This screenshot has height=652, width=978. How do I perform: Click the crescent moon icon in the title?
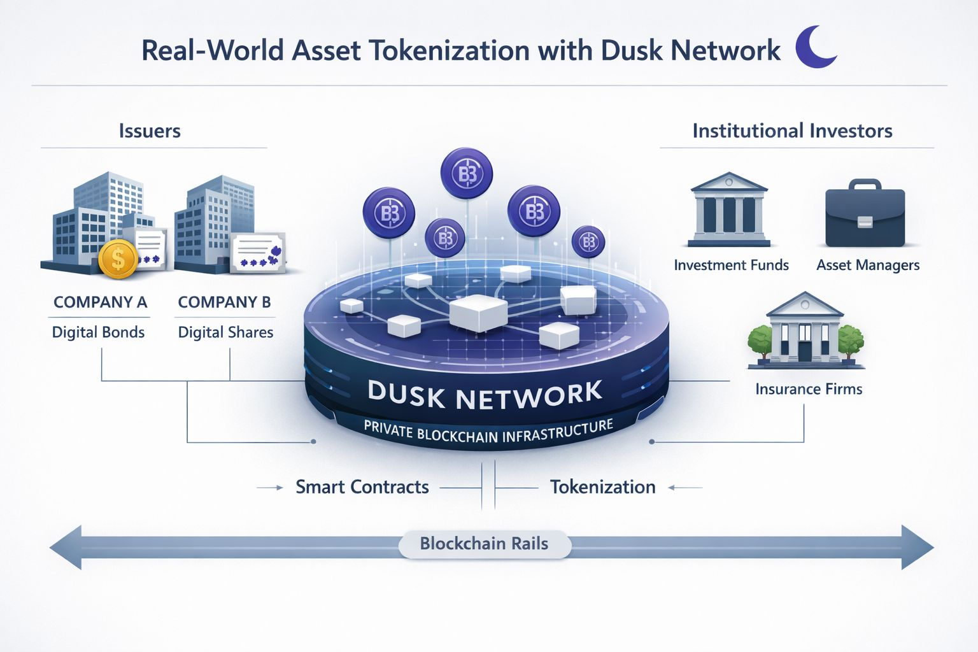click(x=814, y=47)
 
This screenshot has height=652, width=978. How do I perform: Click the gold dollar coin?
click(x=118, y=259)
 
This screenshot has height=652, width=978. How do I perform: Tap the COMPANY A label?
click(x=100, y=302)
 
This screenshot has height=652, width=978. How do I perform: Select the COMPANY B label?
click(x=224, y=302)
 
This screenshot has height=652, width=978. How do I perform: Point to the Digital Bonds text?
click(x=98, y=332)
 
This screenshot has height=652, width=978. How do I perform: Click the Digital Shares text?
click(x=225, y=332)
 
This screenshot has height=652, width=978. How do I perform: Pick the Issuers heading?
click(x=150, y=131)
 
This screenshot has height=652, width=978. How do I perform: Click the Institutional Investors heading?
click(x=792, y=131)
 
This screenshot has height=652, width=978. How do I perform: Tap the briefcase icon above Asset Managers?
click(x=865, y=215)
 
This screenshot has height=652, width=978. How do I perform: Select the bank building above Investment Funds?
click(x=729, y=210)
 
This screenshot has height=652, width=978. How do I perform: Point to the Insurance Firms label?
click(x=809, y=389)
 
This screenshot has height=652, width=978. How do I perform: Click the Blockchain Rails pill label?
click(x=484, y=544)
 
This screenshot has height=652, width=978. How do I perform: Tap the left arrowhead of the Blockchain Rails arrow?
click(x=66, y=547)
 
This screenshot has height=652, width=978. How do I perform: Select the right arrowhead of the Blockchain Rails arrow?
click(x=917, y=547)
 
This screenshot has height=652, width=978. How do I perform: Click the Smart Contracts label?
click(x=362, y=487)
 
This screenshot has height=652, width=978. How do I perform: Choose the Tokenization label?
click(x=602, y=487)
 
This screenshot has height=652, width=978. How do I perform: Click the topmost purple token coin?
click(x=467, y=173)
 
